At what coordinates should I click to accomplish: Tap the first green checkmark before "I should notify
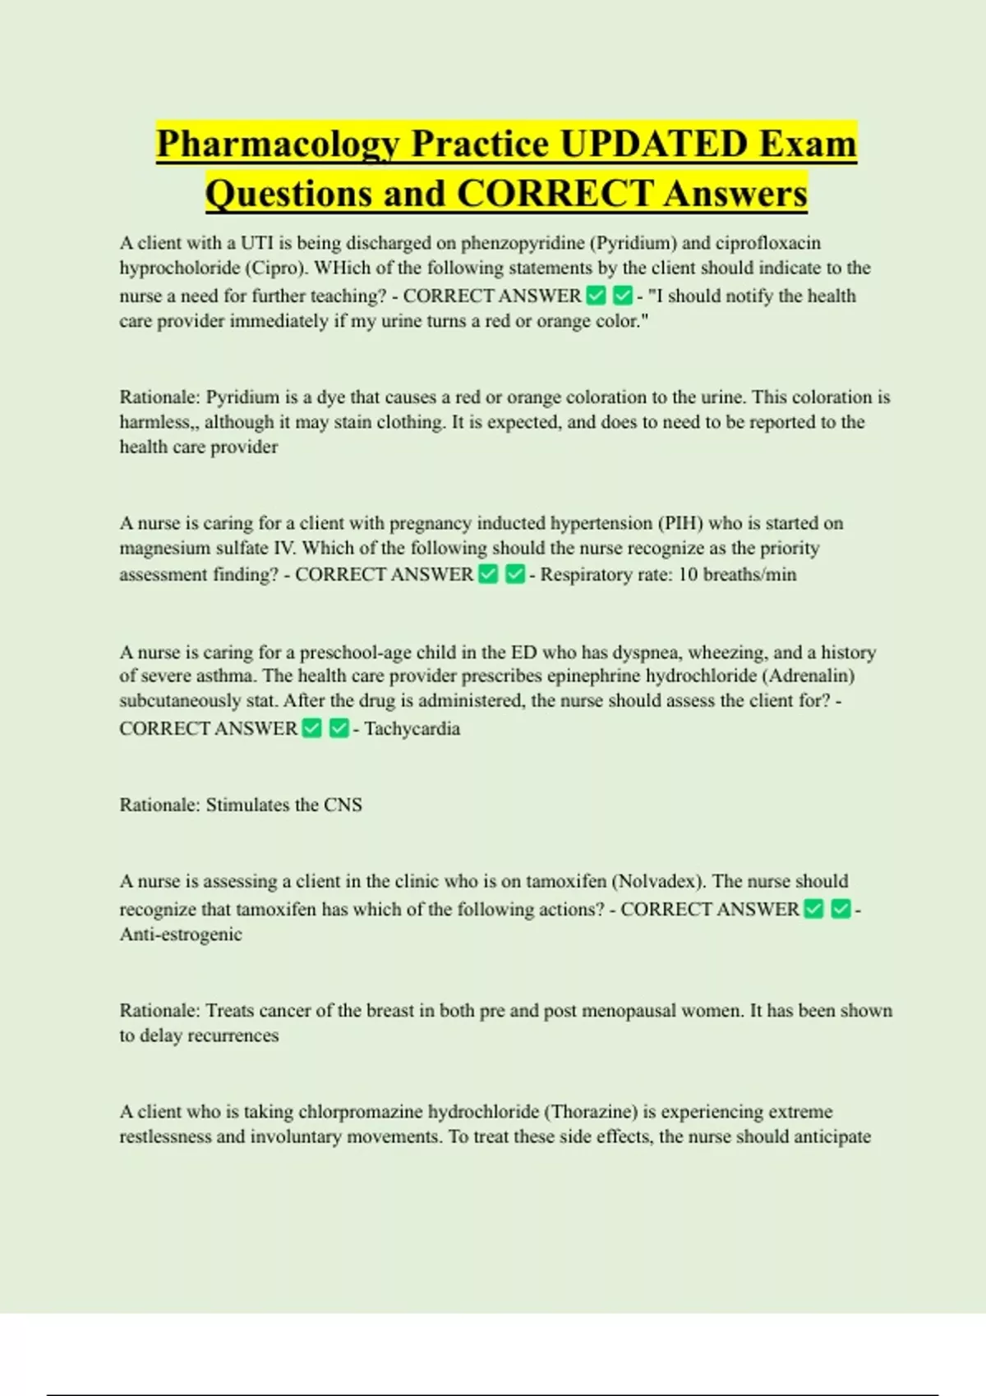coord(597,296)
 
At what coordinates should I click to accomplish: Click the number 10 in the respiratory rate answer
coord(688,575)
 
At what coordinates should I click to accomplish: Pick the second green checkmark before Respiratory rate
coord(515,575)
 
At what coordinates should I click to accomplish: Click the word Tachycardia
coord(412,729)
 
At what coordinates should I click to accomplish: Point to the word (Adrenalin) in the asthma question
coord(809,676)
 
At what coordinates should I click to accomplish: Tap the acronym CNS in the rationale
coord(343,805)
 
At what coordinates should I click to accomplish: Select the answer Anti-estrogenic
coord(181,934)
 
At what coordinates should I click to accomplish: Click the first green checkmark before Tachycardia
coord(312,729)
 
